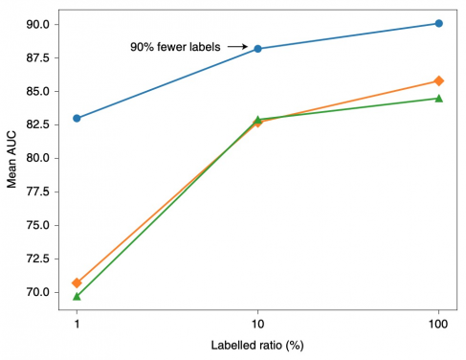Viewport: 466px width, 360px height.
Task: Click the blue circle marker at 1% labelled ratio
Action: (x=77, y=118)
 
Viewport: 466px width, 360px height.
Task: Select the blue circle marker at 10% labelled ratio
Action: (x=257, y=49)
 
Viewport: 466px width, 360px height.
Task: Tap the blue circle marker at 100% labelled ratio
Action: (x=438, y=23)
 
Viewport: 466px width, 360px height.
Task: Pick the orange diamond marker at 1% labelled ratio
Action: (x=77, y=282)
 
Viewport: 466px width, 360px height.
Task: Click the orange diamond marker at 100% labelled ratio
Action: (x=438, y=80)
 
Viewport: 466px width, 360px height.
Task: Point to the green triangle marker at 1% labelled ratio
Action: (x=77, y=296)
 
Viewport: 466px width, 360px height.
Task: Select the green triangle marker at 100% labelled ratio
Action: (x=438, y=98)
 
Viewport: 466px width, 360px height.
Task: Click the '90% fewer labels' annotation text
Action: (x=175, y=46)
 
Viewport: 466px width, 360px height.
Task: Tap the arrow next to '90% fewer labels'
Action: (x=237, y=46)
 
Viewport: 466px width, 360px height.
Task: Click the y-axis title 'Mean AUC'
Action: (x=12, y=157)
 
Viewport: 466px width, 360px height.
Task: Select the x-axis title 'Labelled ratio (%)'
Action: (x=257, y=344)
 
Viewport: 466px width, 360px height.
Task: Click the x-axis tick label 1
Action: (x=77, y=322)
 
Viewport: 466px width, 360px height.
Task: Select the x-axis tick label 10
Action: (x=257, y=322)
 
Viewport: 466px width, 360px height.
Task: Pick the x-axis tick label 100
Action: (x=438, y=322)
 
